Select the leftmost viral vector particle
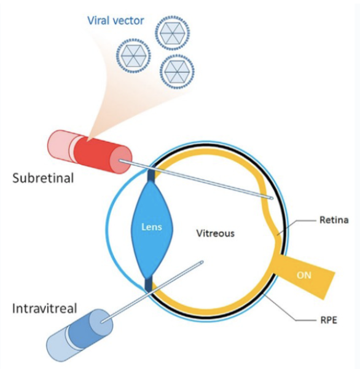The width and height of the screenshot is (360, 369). click(133, 54)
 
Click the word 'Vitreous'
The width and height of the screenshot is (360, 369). click(216, 234)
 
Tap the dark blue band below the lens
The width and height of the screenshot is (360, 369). click(148, 284)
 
